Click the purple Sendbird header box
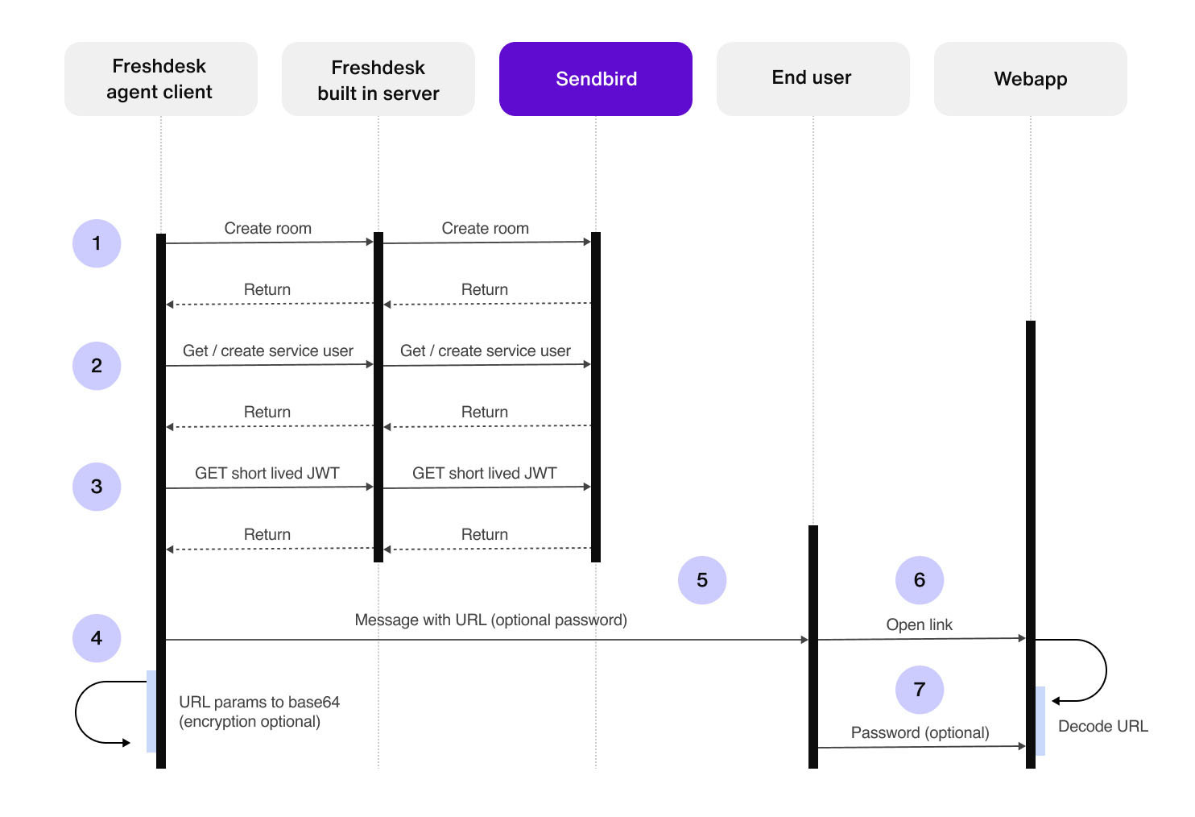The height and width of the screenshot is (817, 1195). click(595, 79)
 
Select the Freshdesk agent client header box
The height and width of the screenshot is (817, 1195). click(160, 79)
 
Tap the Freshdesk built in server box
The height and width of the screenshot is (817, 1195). click(378, 79)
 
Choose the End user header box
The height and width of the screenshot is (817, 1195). click(813, 79)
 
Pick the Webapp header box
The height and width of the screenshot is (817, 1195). click(1030, 79)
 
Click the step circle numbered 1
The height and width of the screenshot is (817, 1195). click(97, 243)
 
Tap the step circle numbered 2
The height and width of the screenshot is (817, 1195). click(97, 366)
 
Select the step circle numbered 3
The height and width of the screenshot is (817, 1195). click(97, 487)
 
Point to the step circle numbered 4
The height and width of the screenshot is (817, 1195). click(97, 638)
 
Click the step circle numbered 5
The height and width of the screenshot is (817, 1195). click(702, 580)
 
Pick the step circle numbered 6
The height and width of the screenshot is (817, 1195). click(919, 580)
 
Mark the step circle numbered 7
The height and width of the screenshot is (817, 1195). click(919, 690)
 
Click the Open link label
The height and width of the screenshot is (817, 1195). click(919, 624)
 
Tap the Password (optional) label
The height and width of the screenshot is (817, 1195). click(920, 732)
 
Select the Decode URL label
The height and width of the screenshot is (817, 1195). click(1102, 726)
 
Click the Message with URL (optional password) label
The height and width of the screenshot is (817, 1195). click(491, 620)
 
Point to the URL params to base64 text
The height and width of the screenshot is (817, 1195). click(259, 702)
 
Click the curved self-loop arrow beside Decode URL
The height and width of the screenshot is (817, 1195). click(1106, 670)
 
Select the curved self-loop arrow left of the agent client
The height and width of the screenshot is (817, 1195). click(76, 712)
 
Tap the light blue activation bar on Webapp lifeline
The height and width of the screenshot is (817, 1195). click(1040, 721)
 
